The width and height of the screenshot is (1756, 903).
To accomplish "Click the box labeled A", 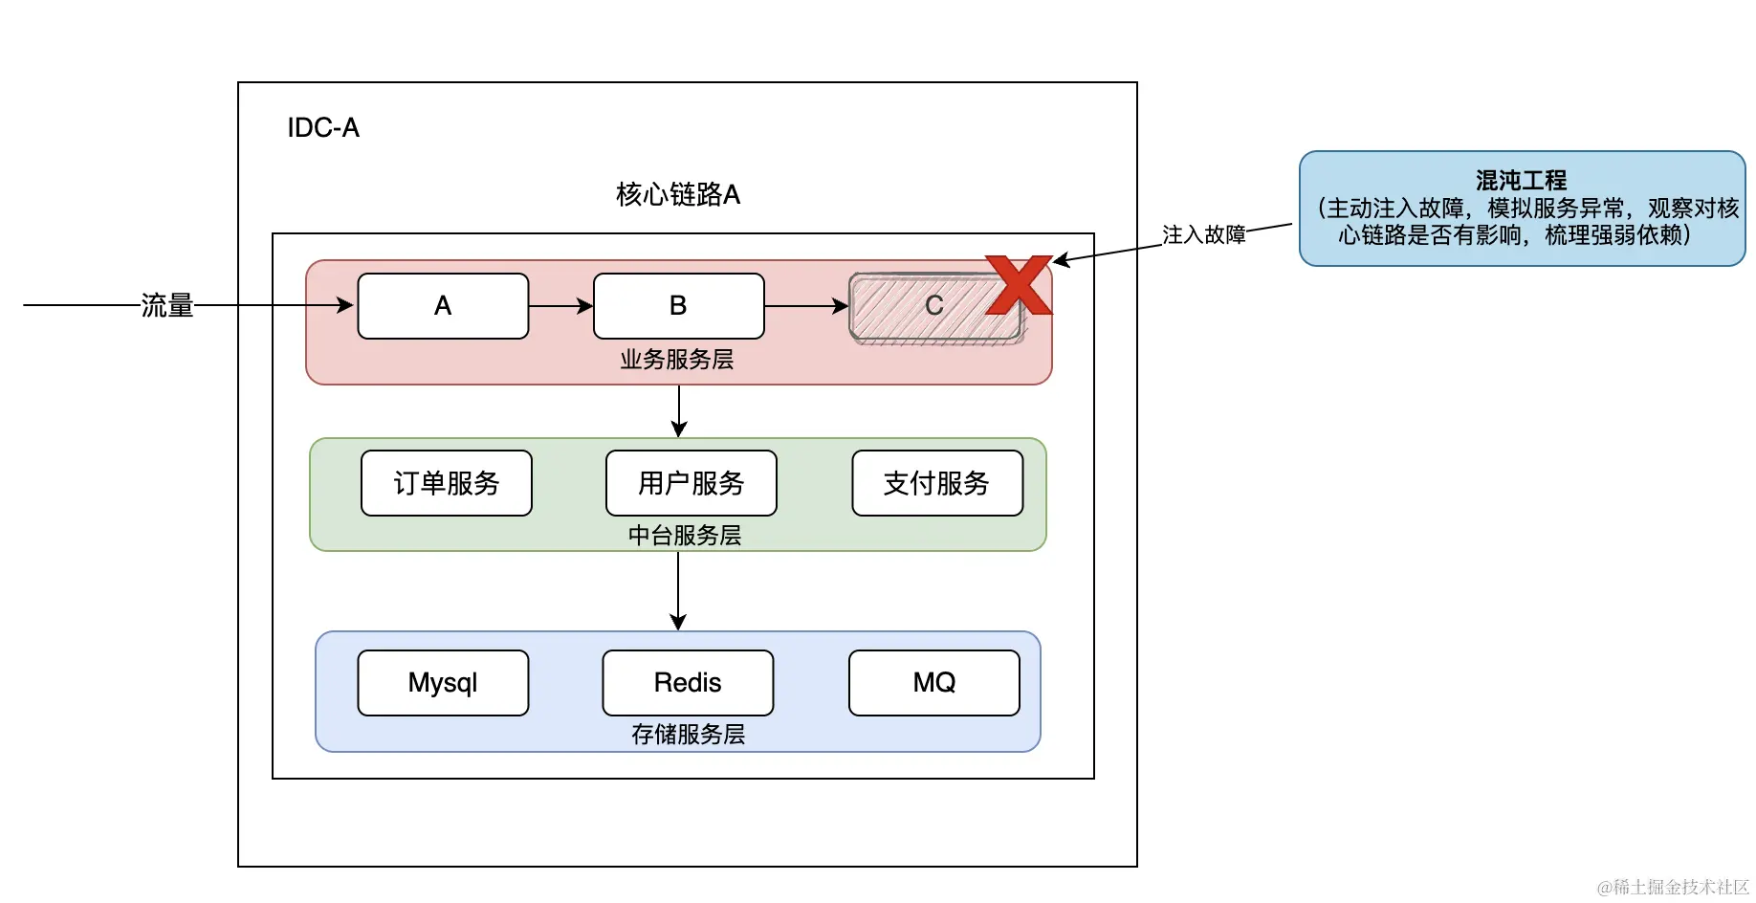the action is pyautogui.click(x=443, y=306).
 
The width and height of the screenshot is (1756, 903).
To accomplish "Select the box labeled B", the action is pyautogui.click(x=679, y=306).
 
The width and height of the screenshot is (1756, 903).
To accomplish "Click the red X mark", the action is pyautogui.click(x=1020, y=284).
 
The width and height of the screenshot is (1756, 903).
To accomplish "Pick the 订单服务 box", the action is pyautogui.click(x=447, y=483).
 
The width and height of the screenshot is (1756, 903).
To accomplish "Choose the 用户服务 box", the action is pyautogui.click(x=691, y=483).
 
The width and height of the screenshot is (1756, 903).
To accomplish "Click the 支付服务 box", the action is pyautogui.click(x=937, y=483).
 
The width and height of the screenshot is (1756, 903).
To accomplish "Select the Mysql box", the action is pyautogui.click(x=443, y=683).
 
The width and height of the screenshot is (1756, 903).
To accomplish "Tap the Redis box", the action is pyautogui.click(x=688, y=683).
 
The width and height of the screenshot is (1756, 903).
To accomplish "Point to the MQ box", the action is pyautogui.click(x=934, y=683).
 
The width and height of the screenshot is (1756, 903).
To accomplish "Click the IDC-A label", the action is pyautogui.click(x=323, y=127).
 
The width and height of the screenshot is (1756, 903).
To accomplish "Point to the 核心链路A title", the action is pyautogui.click(x=678, y=194).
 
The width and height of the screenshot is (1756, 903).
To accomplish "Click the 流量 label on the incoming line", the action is pyautogui.click(x=167, y=305).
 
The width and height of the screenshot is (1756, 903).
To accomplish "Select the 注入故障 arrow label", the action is pyautogui.click(x=1204, y=234).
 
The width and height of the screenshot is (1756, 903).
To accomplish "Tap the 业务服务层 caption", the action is pyautogui.click(x=677, y=360).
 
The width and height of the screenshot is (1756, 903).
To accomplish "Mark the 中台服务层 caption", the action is pyautogui.click(x=685, y=536).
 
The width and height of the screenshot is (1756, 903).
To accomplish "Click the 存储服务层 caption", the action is pyautogui.click(x=688, y=734).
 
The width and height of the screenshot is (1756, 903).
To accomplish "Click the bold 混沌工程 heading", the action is pyautogui.click(x=1522, y=180).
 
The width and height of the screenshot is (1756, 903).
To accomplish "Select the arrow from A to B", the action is pyautogui.click(x=561, y=306).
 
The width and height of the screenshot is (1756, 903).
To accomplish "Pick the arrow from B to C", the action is pyautogui.click(x=806, y=306).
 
